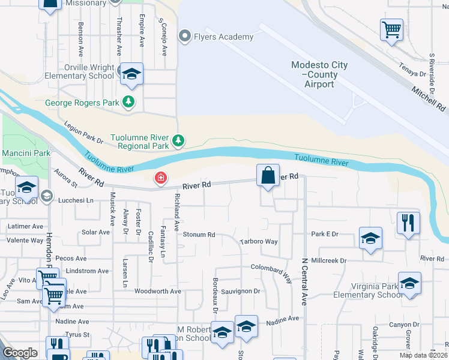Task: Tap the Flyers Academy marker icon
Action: pyautogui.click(x=185, y=37)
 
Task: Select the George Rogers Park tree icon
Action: pyautogui.click(x=128, y=102)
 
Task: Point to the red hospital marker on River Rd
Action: pyautogui.click(x=160, y=178)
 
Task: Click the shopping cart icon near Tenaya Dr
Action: pyautogui.click(x=391, y=29)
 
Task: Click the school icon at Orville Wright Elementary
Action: pyautogui.click(x=131, y=74)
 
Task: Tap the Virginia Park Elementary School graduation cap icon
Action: pyautogui.click(x=409, y=283)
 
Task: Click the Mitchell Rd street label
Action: pyautogui.click(x=429, y=98)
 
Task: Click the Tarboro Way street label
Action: pyautogui.click(x=259, y=242)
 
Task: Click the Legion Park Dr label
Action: pyautogui.click(x=83, y=132)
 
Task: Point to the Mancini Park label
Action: pyautogui.click(x=26, y=154)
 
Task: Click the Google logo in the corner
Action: pyautogui.click(x=20, y=352)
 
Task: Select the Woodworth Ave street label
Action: pyautogui.click(x=158, y=292)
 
